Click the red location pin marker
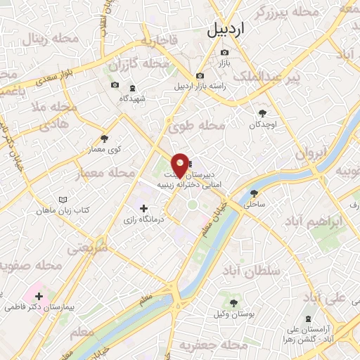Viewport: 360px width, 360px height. (x=181, y=165)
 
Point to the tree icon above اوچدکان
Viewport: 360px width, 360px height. (x=263, y=112)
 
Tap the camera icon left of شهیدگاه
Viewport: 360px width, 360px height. (x=115, y=86)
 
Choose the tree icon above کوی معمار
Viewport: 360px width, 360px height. (x=105, y=139)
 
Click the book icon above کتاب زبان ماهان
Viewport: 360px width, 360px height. (x=64, y=199)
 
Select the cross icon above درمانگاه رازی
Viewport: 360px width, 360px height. (x=144, y=208)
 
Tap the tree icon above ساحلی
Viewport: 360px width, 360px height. (x=254, y=193)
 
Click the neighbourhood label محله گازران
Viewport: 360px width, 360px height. (x=145, y=65)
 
